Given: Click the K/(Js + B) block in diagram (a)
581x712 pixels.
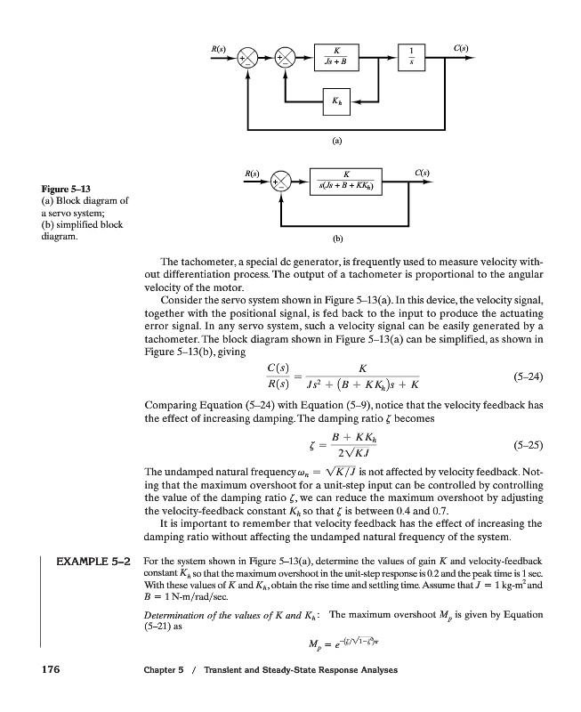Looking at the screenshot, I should (x=337, y=56).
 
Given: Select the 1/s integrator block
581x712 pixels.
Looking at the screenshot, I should (x=411, y=56).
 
